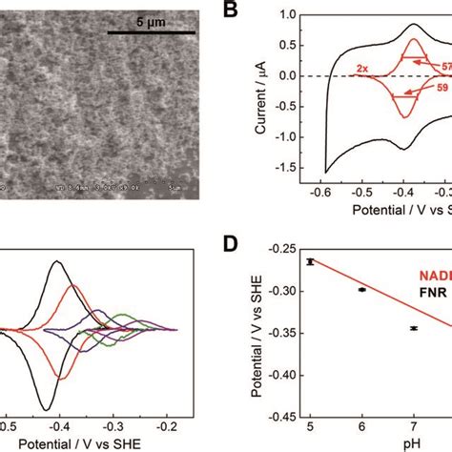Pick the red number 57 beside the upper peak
[445, 66]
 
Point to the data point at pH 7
[413, 327]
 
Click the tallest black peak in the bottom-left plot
[58, 261]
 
